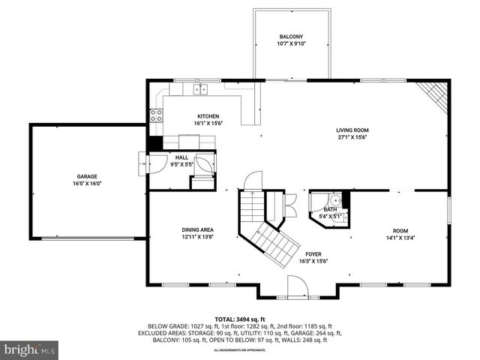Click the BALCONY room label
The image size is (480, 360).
click(x=292, y=37)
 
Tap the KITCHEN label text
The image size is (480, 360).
click(x=208, y=116)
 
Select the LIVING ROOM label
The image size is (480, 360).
click(x=352, y=130)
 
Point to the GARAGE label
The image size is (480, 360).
click(x=86, y=176)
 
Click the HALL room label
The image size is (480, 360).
click(x=181, y=157)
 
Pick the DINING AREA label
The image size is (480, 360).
click(x=198, y=229)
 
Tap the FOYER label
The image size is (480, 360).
click(x=313, y=254)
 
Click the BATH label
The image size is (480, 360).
click(x=326, y=210)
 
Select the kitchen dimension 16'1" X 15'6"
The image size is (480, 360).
click(x=208, y=124)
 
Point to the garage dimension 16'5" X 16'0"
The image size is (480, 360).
click(x=86, y=184)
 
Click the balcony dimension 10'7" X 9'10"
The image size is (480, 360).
click(x=292, y=44)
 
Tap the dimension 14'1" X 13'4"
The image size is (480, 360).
click(x=400, y=238)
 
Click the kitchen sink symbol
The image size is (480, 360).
click(x=200, y=89)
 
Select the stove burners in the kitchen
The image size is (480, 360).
click(x=157, y=115)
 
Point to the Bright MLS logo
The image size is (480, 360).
click(x=30, y=349)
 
